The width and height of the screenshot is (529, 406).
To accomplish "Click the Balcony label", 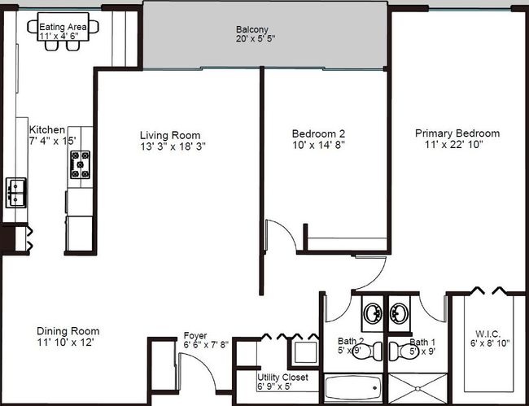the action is [252, 29].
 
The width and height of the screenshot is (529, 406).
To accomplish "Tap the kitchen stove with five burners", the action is [81, 164].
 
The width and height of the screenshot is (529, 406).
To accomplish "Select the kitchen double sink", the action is [15, 193].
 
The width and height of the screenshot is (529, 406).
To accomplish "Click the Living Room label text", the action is [170, 136].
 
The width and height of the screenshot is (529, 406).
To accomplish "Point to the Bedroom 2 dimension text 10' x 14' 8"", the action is [318, 146].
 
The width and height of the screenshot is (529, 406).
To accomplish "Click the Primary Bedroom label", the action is [457, 133].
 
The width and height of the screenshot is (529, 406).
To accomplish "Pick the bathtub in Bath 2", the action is [353, 388].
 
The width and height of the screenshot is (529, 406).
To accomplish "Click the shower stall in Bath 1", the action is [418, 388].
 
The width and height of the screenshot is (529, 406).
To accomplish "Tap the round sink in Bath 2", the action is [373, 313].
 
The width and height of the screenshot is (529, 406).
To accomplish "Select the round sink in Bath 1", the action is [399, 313].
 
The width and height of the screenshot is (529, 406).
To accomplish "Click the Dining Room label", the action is [68, 331].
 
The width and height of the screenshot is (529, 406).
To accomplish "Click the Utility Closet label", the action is [282, 377].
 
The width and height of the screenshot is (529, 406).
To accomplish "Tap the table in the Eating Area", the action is [63, 27].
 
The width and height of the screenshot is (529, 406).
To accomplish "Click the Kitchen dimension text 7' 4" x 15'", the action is [53, 141].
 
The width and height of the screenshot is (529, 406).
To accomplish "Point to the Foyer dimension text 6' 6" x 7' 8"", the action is [206, 345].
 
